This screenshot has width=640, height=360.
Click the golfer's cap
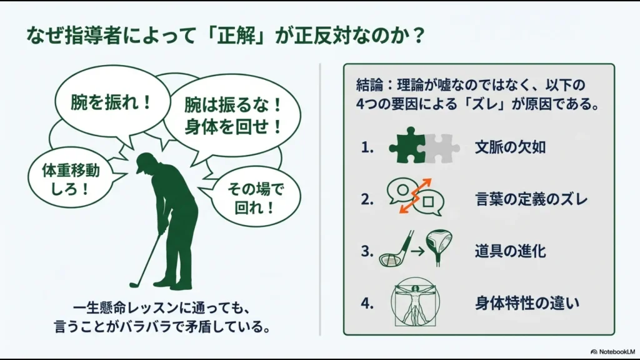coord(144,162)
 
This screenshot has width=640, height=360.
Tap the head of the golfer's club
coord(133,284)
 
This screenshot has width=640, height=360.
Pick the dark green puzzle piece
coord(406,148)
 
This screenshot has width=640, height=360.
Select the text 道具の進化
coord(510,251)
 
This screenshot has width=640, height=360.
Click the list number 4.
coord(367,303)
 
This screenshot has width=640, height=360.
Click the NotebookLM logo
coord(612,351)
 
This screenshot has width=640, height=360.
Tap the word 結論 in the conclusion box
coord(367,85)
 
